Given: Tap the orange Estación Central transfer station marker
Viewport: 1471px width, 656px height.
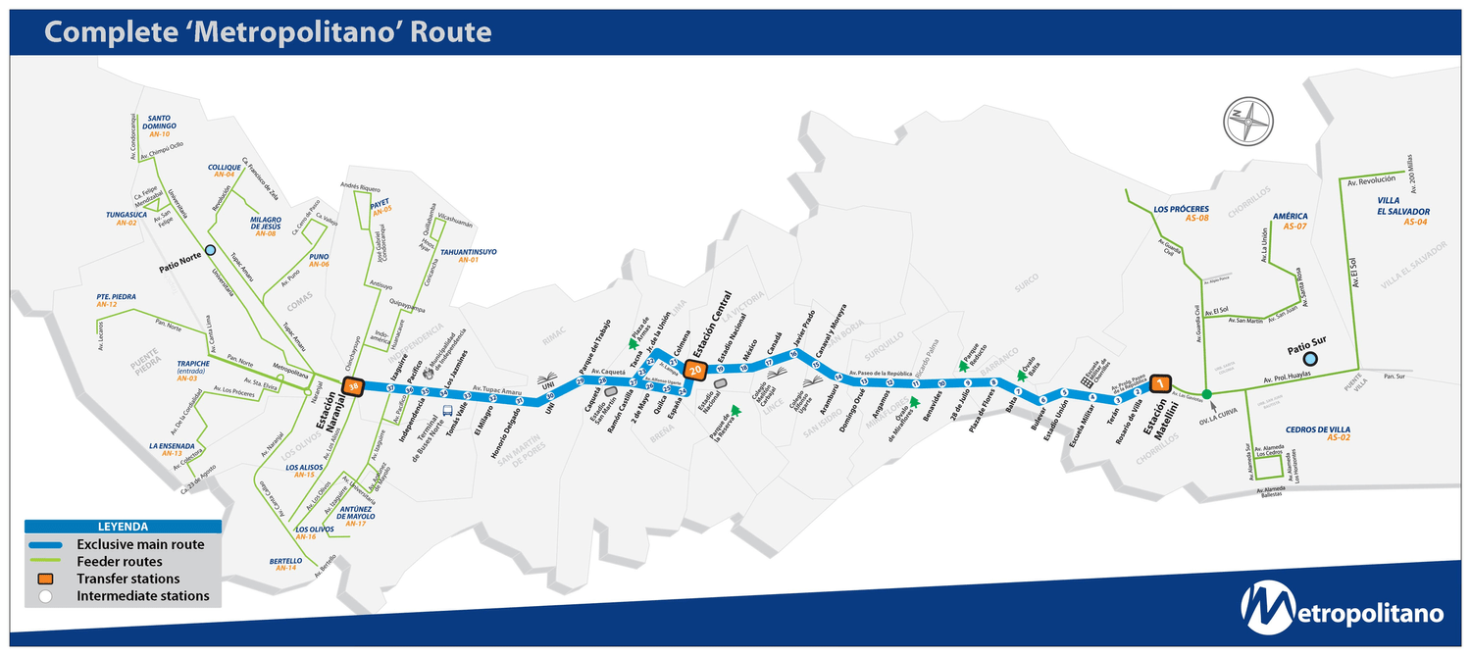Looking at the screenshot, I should coord(695,370).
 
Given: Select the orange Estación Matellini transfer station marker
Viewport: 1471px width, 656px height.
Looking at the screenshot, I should coord(1161,383).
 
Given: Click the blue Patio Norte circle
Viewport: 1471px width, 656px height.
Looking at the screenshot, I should coord(210,250).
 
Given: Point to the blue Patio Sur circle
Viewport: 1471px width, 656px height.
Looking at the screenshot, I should coord(1309,359).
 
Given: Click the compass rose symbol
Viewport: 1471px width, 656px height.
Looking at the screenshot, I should coord(1246,123).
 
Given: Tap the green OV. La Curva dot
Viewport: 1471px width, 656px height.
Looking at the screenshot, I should coord(1206,394).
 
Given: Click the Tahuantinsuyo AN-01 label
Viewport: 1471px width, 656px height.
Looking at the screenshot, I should coord(468,255).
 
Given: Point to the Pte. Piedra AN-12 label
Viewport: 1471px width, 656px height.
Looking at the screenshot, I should coord(116,300).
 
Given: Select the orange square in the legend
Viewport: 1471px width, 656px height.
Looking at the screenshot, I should coord(45,579).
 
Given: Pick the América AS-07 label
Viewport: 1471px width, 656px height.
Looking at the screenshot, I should coord(1290,221).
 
